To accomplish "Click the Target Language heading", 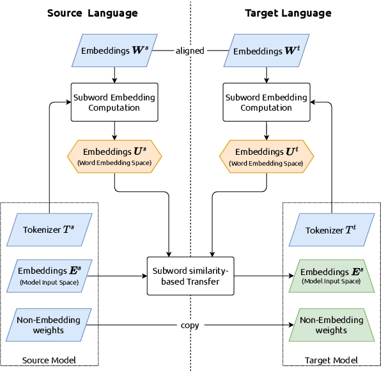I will (x=288, y=13).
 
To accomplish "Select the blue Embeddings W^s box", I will (x=114, y=51).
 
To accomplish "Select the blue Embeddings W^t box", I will (x=266, y=51).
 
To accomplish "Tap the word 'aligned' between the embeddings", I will (x=190, y=51).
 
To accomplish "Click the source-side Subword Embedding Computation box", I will (x=114, y=102).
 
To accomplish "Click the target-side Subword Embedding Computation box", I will (x=266, y=102).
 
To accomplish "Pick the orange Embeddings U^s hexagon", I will (x=114, y=156).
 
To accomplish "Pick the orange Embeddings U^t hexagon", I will (x=266, y=156).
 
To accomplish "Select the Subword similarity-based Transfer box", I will (x=190, y=276).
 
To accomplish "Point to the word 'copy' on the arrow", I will (x=190, y=325).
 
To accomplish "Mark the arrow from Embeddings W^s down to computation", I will (x=114, y=75).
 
